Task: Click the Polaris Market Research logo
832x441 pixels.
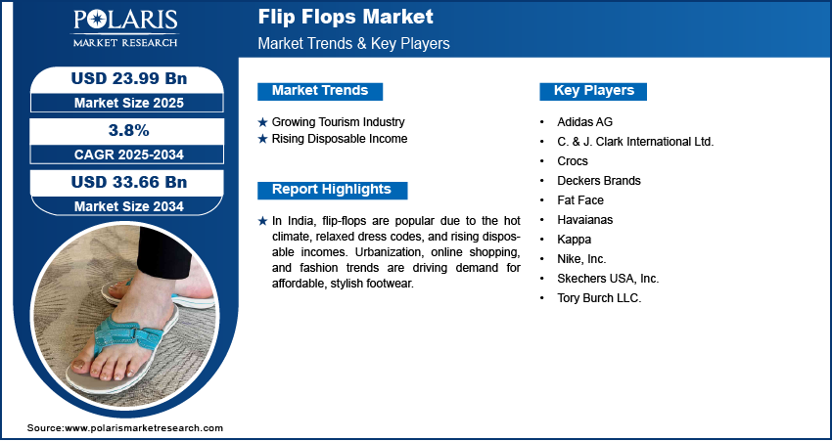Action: coord(125,28)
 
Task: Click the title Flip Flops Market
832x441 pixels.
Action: coord(346,17)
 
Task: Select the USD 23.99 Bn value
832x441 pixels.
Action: coord(129,78)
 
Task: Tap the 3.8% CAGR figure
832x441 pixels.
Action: coord(127,130)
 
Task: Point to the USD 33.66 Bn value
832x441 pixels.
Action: coord(129,182)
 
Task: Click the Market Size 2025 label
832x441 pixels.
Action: coord(129,103)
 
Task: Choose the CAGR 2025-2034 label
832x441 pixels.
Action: coord(129,154)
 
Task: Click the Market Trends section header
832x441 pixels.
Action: coord(320,91)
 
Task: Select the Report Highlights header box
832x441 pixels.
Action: coord(332,191)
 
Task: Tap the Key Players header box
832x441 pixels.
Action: coord(593,91)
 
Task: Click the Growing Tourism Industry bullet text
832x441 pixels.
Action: coord(338,122)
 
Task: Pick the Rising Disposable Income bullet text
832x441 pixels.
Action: coord(340,139)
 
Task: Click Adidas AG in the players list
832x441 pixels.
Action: coord(584,122)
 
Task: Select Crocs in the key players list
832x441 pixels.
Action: coord(573,161)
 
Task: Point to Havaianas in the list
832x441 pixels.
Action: coord(584,219)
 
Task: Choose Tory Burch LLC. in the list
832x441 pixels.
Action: coord(600,298)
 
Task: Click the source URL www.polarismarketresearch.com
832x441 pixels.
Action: coord(144,427)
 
